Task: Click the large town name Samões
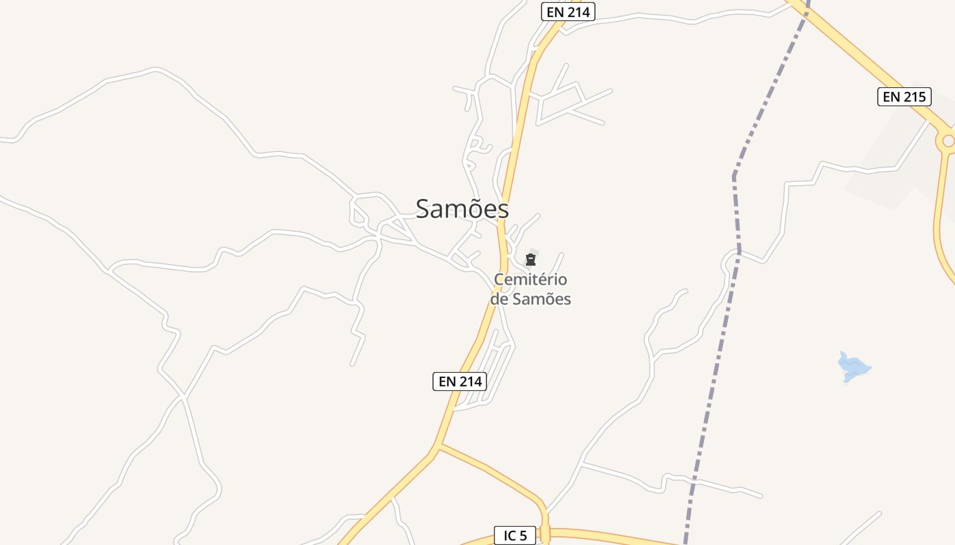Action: pos(462,208)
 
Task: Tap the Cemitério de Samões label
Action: pos(531,289)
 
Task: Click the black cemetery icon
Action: pos(531,260)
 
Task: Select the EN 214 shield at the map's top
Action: pos(568,12)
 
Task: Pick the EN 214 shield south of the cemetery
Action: pos(460,381)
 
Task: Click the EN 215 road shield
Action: pos(904,97)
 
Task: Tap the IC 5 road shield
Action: pos(514,535)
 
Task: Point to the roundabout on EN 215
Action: pos(948,142)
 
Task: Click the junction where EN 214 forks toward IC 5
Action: pos(437,446)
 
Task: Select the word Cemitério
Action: pos(531,279)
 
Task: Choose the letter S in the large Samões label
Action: pos(424,209)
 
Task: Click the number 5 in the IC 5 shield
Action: pos(523,535)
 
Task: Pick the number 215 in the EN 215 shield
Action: pos(914,97)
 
